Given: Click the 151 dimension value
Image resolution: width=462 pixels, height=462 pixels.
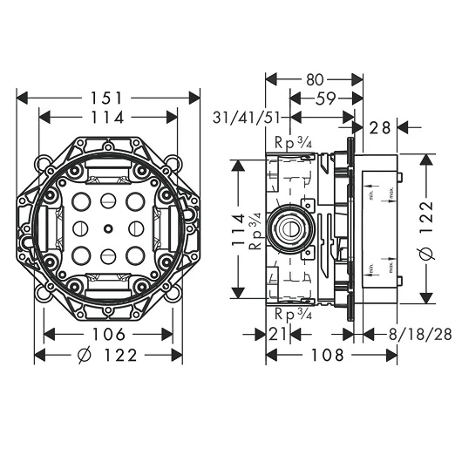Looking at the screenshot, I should tap(110, 98).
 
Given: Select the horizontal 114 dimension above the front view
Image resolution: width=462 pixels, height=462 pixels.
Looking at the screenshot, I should tap(110, 117).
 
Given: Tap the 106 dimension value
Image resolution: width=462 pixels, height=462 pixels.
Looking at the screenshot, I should tap(109, 335).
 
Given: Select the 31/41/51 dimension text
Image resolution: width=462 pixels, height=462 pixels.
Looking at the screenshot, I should tap(248, 117).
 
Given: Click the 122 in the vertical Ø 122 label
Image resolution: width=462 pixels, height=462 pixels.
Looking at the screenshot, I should tap(426, 214).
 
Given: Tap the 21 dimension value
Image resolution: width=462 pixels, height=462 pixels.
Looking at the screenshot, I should tap(279, 335).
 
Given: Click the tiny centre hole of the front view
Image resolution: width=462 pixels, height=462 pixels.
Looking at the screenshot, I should tap(106, 229).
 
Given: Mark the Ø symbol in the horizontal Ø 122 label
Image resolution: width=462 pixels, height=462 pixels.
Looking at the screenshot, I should tap(85, 356).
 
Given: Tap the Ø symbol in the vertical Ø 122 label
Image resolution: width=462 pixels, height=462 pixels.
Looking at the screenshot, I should tap(426, 254).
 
